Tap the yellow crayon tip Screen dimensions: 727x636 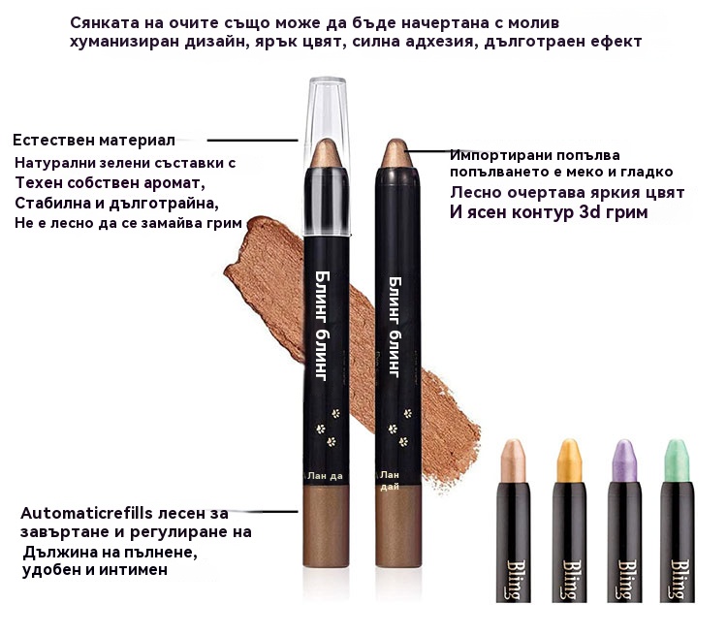coord(569,461)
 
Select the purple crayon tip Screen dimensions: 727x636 coord(624,461)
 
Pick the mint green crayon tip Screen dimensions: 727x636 coord(677,461)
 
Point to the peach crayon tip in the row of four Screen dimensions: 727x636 coord(513,461)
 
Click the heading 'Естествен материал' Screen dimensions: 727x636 coord(94,141)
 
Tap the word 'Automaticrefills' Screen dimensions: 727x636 coord(86,513)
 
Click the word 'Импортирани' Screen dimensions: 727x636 coord(498,155)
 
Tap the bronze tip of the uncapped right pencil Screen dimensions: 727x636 coord(395,153)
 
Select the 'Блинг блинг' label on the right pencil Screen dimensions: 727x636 coord(395,327)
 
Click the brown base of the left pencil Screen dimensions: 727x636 coord(326,525)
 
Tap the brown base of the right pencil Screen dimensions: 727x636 coord(398,526)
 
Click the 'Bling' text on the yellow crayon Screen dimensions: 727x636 coord(569,580)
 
